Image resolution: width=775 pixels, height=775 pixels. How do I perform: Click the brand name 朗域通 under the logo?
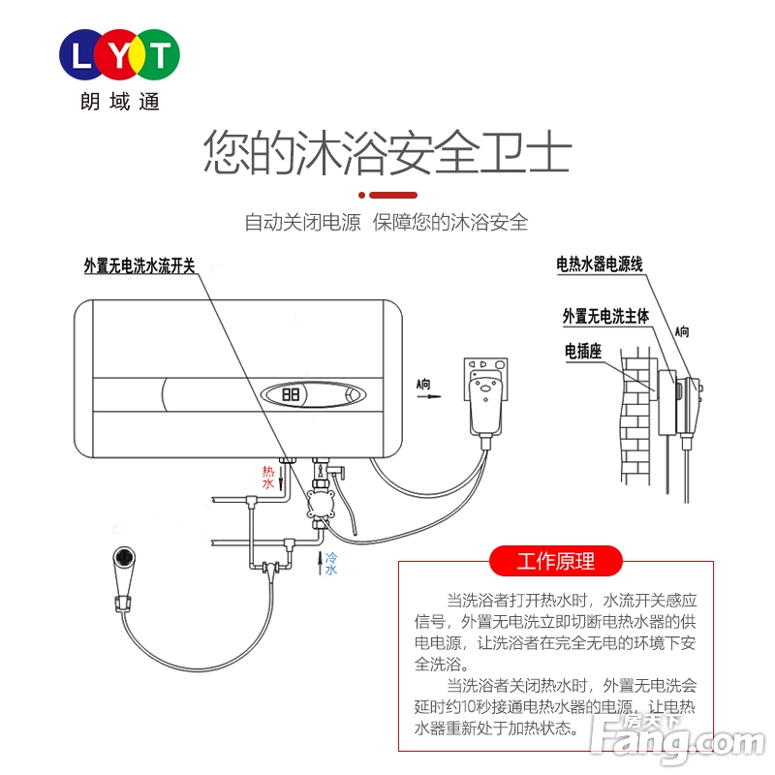(x=120, y=101)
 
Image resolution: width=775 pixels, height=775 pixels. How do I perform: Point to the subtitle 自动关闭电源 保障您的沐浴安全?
(x=387, y=222)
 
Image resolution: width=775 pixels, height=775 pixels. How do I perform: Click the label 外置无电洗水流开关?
(x=139, y=266)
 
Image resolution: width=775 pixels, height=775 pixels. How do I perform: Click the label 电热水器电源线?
(x=600, y=263)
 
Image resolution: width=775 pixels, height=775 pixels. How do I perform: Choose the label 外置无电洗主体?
(x=605, y=316)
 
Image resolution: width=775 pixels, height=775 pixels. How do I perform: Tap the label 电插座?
(x=583, y=352)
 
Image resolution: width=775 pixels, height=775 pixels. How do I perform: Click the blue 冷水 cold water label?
(x=330, y=564)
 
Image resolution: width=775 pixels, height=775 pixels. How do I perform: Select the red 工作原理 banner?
(x=555, y=561)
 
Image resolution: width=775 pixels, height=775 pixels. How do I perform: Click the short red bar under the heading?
(x=387, y=195)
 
